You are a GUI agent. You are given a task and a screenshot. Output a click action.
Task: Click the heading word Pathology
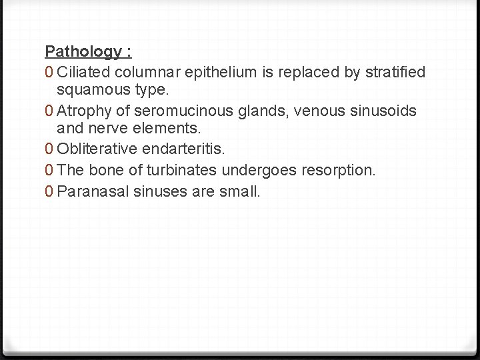[x=83, y=52]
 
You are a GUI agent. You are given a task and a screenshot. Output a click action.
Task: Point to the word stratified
[x=395, y=72]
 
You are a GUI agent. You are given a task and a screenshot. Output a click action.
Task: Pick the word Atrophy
[x=83, y=111]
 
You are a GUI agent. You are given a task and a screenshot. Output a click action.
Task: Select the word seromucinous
[x=162, y=111]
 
